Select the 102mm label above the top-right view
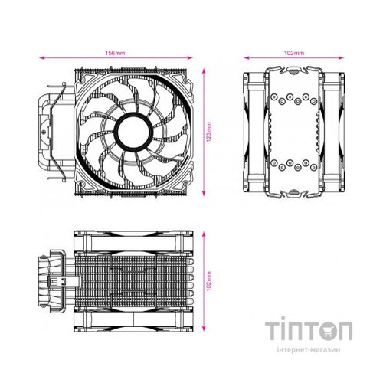click(x=293, y=54)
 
